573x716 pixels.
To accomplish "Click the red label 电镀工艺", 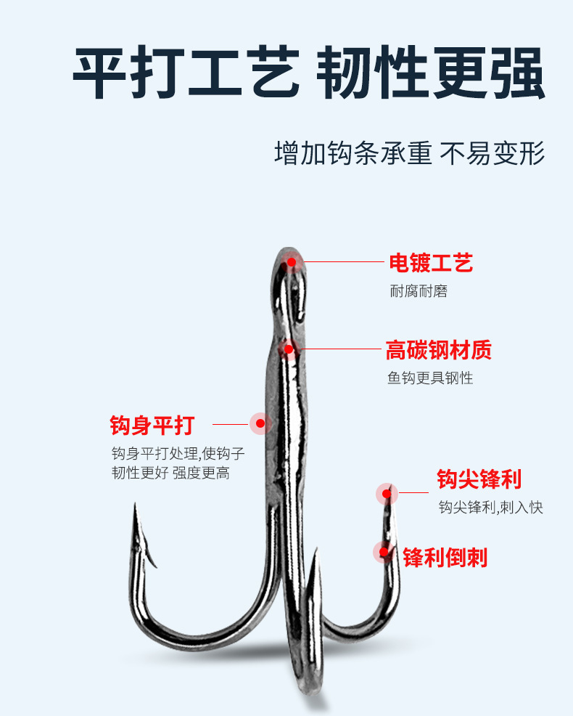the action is pyautogui.click(x=431, y=263).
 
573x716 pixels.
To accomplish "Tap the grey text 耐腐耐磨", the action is pyautogui.click(x=419, y=291).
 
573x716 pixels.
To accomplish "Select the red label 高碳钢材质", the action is pyautogui.click(x=439, y=351).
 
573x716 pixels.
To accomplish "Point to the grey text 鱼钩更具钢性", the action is pyautogui.click(x=430, y=378).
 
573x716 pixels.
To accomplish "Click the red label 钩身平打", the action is pyautogui.click(x=152, y=425).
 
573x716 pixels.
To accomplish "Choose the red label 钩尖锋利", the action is pyautogui.click(x=479, y=480).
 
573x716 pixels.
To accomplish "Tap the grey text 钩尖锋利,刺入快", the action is pyautogui.click(x=490, y=508).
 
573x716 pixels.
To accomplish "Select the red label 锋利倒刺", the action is pyautogui.click(x=445, y=558).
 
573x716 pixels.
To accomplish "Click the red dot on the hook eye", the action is pyautogui.click(x=292, y=262).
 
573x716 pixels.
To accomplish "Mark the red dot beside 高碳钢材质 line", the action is pyautogui.click(x=289, y=349).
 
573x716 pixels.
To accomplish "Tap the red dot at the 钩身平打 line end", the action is pyautogui.click(x=260, y=423).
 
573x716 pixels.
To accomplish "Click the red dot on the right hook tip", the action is pyautogui.click(x=387, y=495).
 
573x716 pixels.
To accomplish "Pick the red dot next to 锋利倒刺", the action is pyautogui.click(x=384, y=552).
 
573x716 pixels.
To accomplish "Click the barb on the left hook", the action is pyautogui.click(x=154, y=559).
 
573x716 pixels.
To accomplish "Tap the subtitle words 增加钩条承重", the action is pyautogui.click(x=353, y=153).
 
